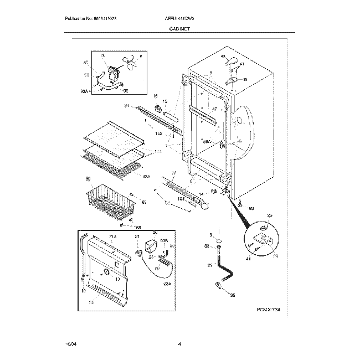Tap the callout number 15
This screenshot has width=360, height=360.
pyautogui.click(x=164, y=101)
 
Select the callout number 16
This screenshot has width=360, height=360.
pyautogui.click(x=156, y=96)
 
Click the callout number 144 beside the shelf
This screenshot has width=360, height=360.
pyautogui.click(x=158, y=151)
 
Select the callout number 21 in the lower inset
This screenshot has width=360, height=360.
pyautogui.click(x=137, y=238)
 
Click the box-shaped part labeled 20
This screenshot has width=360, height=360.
pyautogui.click(x=151, y=248)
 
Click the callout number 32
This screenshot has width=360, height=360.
pyautogui.click(x=207, y=246)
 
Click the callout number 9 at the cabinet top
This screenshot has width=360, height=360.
pyautogui.click(x=211, y=73)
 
